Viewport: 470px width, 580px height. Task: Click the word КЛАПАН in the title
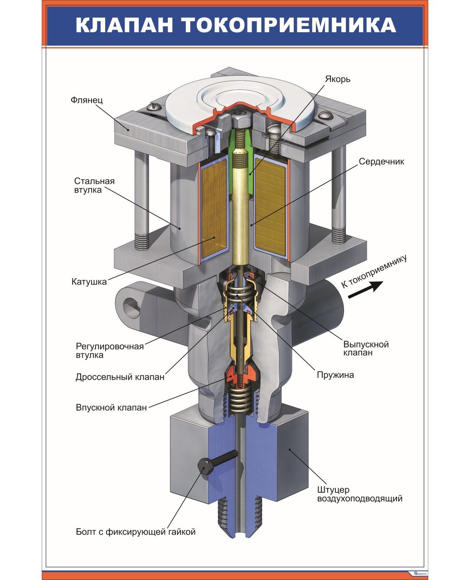tap(124, 26)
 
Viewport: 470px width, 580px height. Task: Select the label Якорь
tap(337, 79)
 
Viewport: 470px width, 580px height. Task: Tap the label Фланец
tap(87, 100)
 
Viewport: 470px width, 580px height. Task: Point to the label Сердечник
tap(381, 161)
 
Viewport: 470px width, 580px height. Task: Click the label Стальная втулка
tap(94, 185)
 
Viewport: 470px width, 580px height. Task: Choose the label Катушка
tap(89, 282)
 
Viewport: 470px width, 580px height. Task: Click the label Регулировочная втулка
tap(109, 351)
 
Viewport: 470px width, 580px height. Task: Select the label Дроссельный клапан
tap(120, 377)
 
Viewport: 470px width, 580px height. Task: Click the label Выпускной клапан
tap(366, 348)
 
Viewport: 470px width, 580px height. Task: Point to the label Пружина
tap(335, 375)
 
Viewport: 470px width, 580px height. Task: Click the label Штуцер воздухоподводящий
tap(359, 494)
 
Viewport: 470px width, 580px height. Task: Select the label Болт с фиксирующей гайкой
tap(136, 532)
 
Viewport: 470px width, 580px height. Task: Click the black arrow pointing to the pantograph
tap(365, 289)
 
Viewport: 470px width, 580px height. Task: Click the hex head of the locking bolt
tap(204, 466)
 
